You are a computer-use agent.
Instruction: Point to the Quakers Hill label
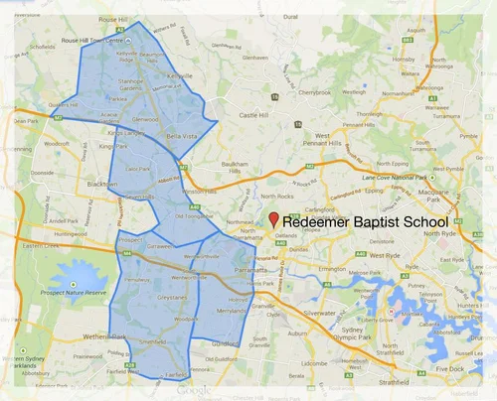[x=62, y=104]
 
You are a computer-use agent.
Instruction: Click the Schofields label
[x=45, y=47]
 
